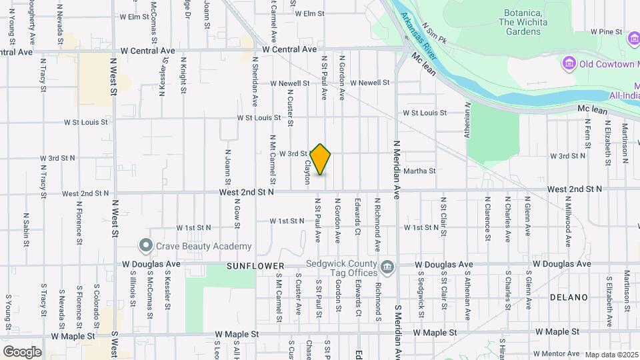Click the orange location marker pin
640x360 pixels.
pos(321,159)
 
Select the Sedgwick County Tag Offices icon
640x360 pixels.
pos(387,267)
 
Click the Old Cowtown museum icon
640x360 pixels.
pos(569,65)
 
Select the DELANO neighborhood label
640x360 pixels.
pos(569,297)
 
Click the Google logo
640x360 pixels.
pos(22,351)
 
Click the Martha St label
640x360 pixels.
pos(419,171)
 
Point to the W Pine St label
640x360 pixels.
pos(605,31)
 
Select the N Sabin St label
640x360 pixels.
pos(26,229)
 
